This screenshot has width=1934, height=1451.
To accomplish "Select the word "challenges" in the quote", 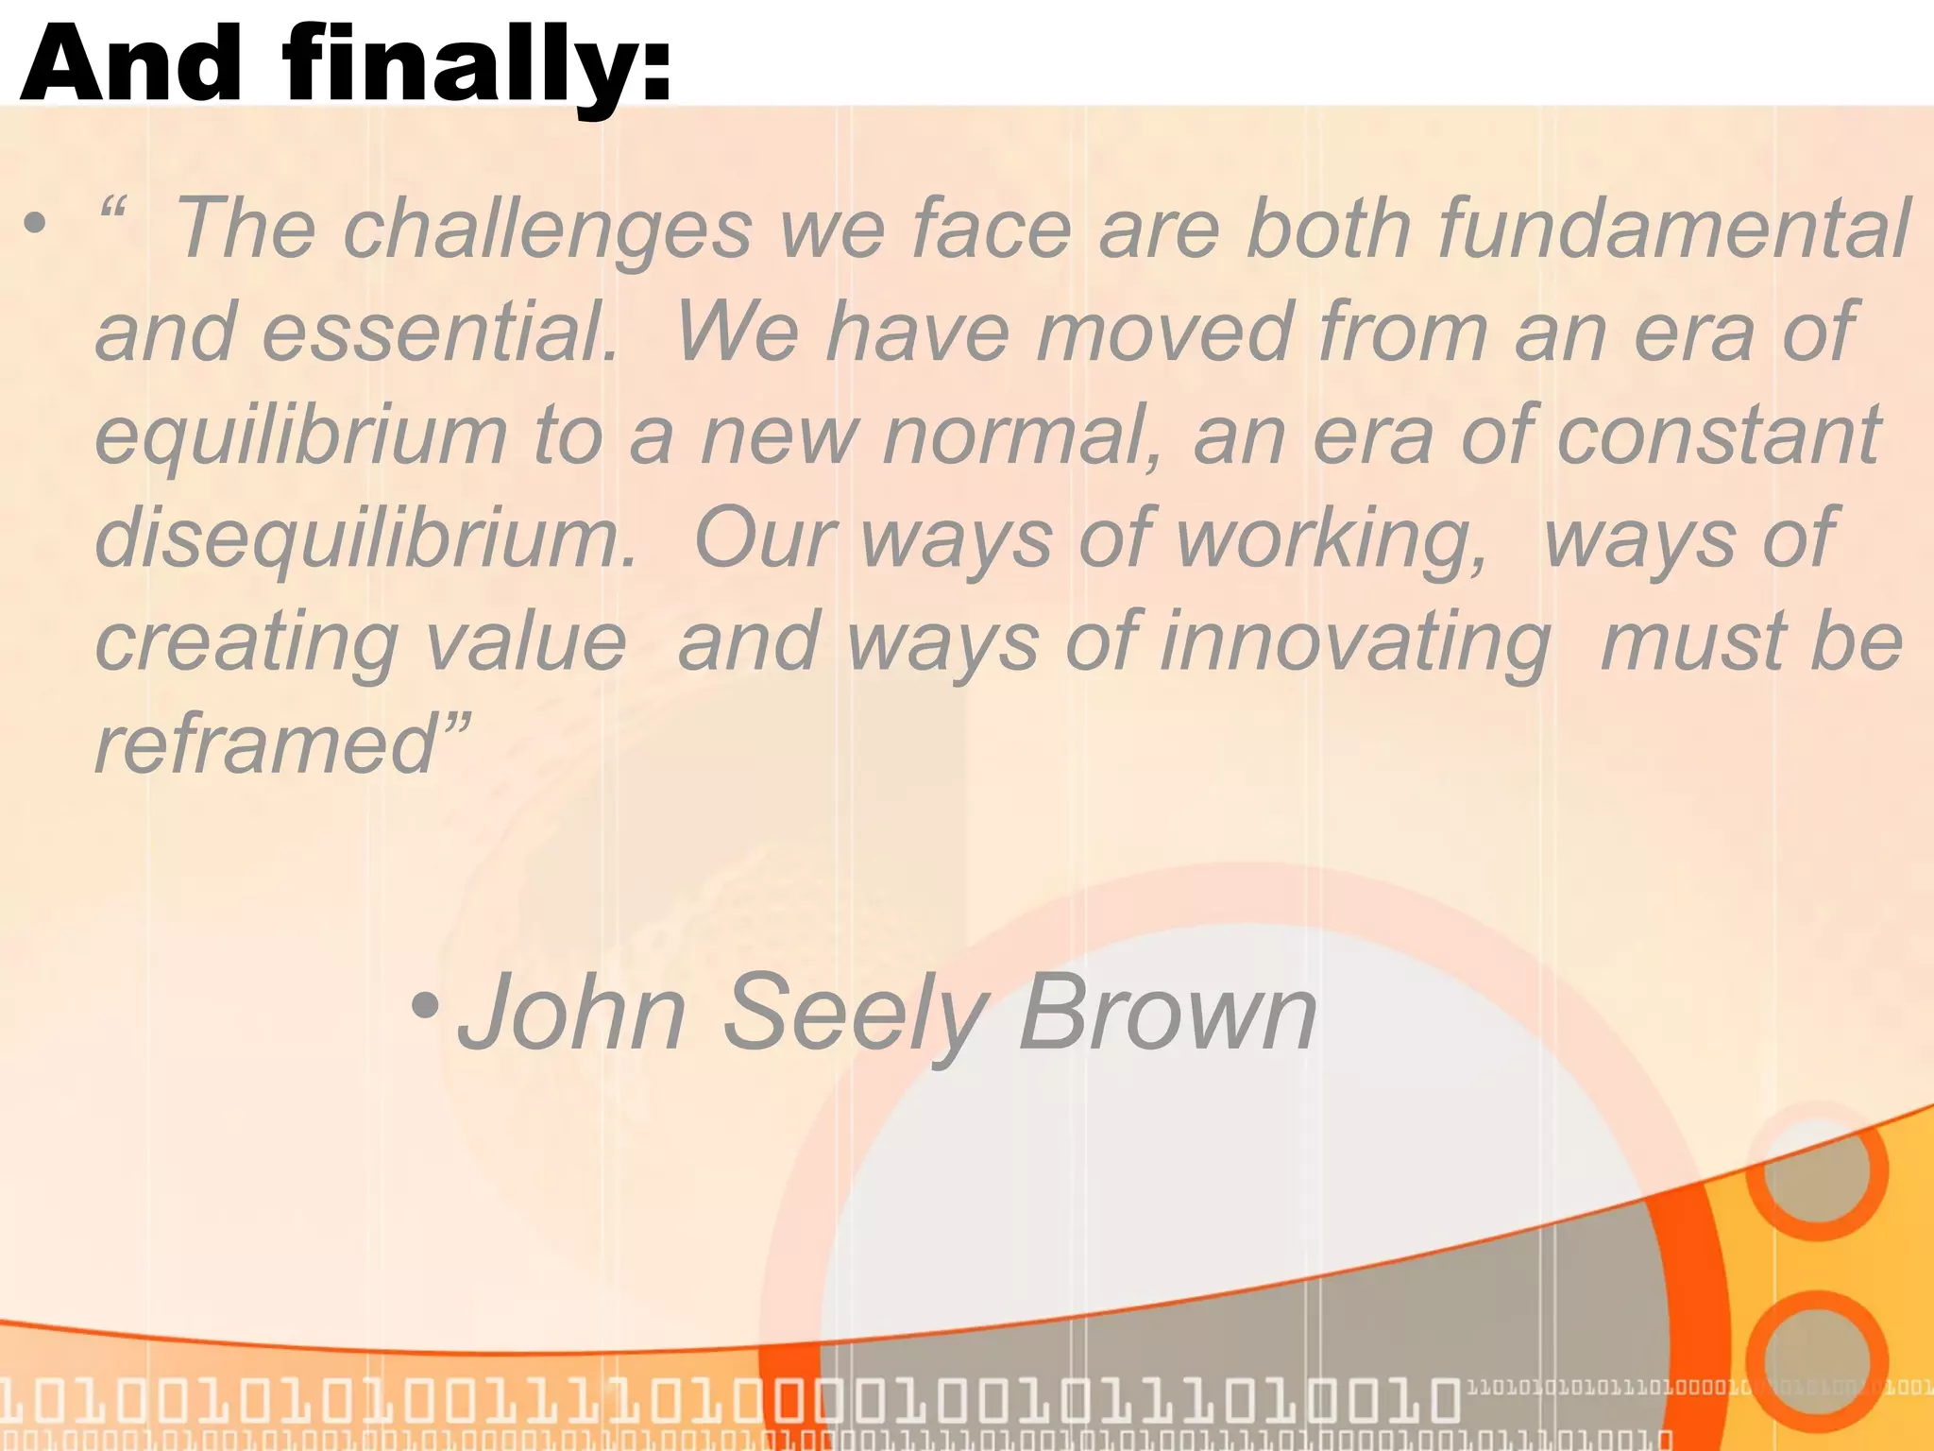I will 548,229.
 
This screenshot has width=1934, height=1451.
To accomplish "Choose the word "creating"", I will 246,642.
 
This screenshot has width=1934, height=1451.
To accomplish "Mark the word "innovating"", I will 1356,642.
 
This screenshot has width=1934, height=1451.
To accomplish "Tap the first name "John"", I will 572,1013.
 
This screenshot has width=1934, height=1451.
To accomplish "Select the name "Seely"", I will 856,1013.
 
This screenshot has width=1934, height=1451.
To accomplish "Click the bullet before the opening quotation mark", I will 35,224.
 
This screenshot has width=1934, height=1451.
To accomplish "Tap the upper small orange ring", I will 1816,1169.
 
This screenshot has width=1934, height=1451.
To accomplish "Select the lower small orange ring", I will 1816,1360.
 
